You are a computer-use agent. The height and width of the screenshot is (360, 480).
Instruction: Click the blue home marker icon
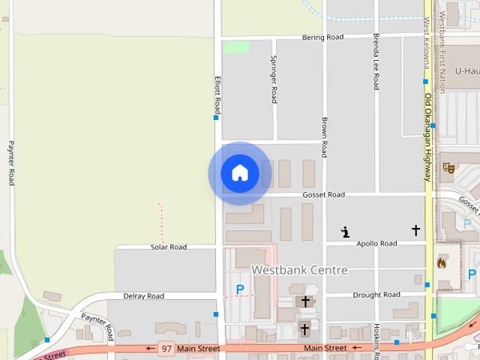240,173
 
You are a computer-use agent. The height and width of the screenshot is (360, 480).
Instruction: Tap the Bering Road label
322,37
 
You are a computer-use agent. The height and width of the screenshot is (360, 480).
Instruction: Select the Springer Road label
274,79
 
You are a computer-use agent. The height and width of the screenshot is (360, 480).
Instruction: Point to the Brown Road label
324,136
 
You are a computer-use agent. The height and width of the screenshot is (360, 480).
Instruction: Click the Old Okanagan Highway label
427,137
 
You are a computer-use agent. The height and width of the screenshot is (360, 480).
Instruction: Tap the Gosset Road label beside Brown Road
323,194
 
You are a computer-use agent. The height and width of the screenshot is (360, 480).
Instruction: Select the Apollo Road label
376,244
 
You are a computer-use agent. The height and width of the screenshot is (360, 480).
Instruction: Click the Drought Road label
376,295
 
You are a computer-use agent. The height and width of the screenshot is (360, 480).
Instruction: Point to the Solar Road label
168,247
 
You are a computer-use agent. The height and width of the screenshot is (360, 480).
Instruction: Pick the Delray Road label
143,296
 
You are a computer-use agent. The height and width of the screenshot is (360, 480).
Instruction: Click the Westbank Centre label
299,270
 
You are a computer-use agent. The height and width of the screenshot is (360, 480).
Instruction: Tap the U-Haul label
466,71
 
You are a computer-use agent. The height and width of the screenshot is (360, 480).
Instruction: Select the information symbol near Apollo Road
345,232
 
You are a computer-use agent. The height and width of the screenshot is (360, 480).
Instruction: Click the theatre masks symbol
449,168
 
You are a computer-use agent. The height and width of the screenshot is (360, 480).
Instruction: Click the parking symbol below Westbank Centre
240,289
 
